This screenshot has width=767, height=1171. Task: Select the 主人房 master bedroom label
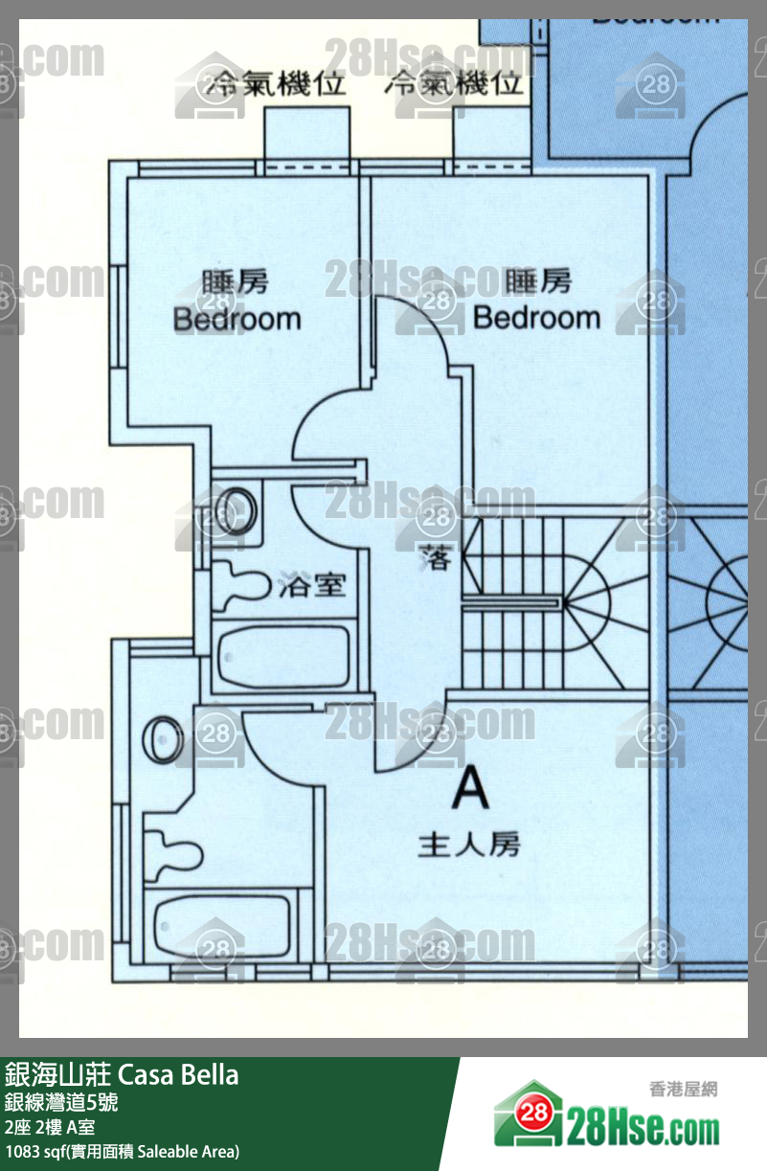click(x=469, y=845)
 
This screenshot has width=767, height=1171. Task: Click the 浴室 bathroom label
click(x=311, y=584)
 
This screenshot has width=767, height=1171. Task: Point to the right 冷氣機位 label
click(x=456, y=84)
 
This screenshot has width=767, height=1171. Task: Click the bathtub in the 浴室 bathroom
click(x=283, y=658)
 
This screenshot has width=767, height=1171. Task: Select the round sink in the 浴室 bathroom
click(x=237, y=507)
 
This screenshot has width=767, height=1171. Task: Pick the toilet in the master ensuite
click(x=173, y=848)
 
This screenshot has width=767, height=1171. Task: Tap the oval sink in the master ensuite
click(x=162, y=740)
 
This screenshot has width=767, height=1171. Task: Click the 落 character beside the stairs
click(x=436, y=558)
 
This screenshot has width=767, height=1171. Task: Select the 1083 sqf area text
click(x=122, y=1151)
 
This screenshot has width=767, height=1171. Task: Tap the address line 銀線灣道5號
click(x=61, y=1102)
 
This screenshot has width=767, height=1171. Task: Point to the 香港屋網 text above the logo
click(x=683, y=1089)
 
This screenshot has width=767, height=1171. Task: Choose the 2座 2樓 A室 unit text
click(x=58, y=1126)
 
